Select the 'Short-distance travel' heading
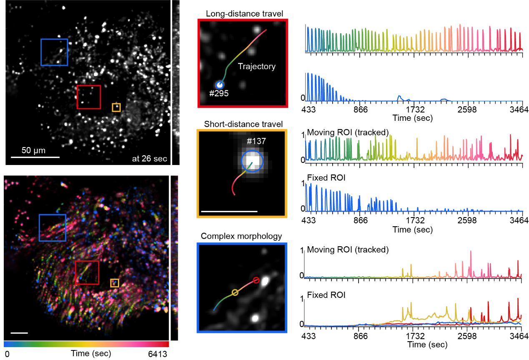pos(243,124)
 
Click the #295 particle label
pos(219,94)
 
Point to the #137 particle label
pos(256,141)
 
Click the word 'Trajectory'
pos(257,66)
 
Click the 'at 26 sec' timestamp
pos(150,158)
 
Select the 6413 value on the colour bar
pos(158,354)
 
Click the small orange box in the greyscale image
pos(116,107)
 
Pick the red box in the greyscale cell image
pos(89,97)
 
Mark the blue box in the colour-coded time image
pos(53,227)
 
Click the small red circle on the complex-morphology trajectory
pos(256,280)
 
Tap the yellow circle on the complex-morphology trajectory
pos(235,292)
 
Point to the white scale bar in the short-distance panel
pos(229,211)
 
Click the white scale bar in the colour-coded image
pos(19,333)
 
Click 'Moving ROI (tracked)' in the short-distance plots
pos(348,132)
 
